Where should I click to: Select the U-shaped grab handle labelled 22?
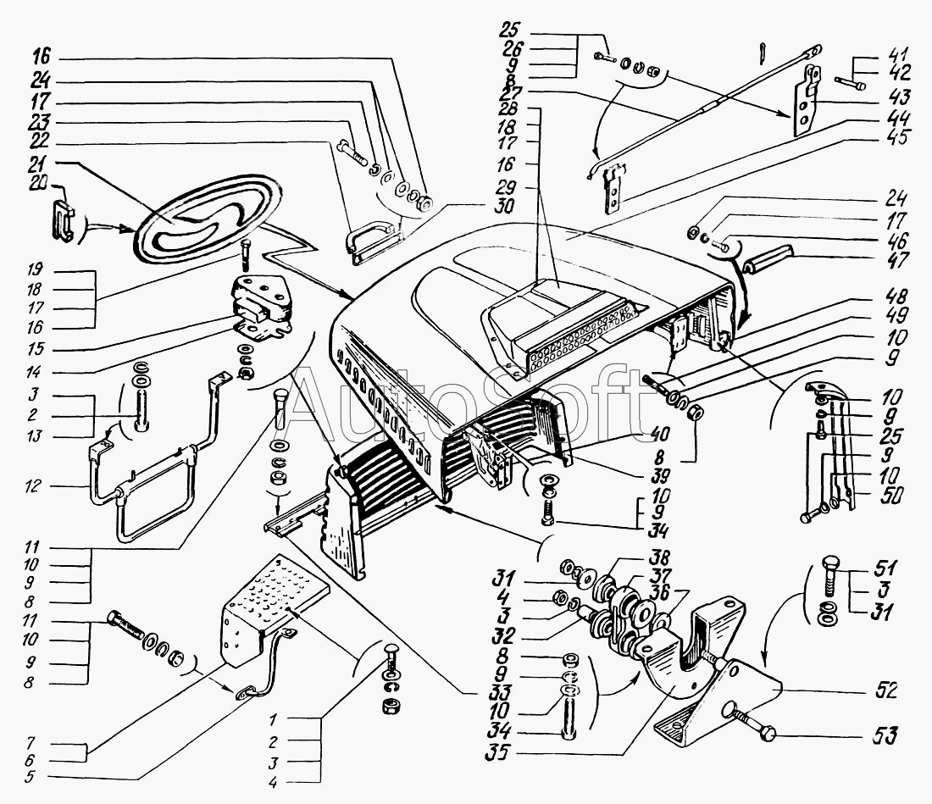[x=373, y=237]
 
